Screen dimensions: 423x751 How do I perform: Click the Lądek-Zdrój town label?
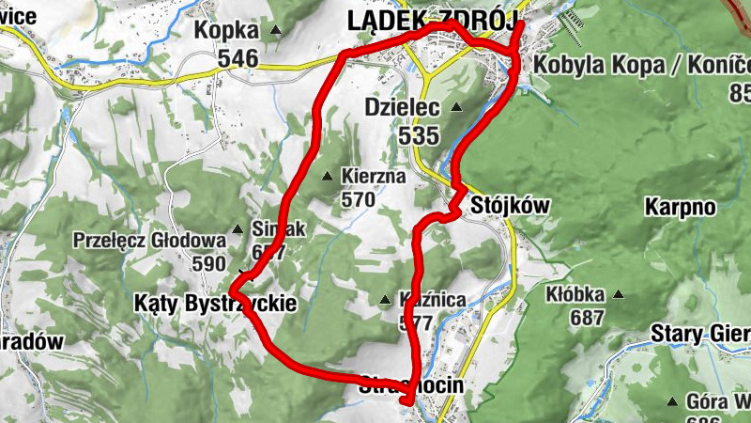click(x=432, y=20)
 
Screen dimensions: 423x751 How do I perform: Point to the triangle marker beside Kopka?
click(x=276, y=31)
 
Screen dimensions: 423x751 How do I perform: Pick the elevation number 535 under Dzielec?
click(x=418, y=135)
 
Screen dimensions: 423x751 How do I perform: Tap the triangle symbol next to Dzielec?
click(x=457, y=107)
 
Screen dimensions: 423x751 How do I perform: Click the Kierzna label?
click(x=373, y=176)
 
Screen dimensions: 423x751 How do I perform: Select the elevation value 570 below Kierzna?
click(x=358, y=199)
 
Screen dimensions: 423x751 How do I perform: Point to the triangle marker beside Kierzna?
click(x=328, y=176)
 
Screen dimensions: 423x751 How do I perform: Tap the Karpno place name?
click(x=681, y=206)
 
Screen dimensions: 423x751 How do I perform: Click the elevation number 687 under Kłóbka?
click(x=587, y=318)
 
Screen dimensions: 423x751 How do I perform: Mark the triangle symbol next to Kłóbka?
click(x=618, y=294)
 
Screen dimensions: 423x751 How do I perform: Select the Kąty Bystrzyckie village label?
click(x=215, y=304)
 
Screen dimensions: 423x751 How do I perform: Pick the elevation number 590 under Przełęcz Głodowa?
click(x=208, y=263)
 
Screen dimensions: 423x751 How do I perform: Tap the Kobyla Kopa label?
click(x=638, y=66)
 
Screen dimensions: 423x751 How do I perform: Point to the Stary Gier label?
click(x=699, y=335)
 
